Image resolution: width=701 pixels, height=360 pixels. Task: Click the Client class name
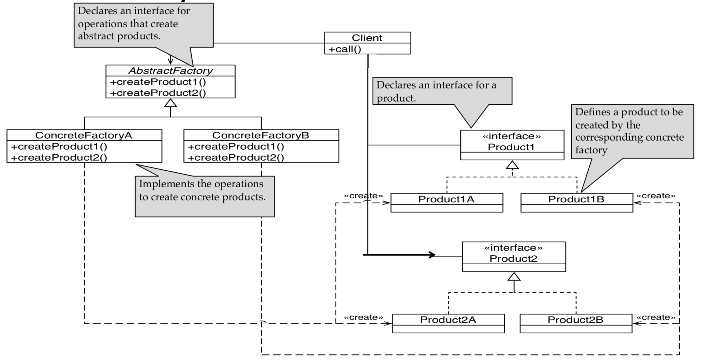pyautogui.click(x=367, y=38)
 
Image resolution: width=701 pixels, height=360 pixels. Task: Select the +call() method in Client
pyautogui.click(x=345, y=49)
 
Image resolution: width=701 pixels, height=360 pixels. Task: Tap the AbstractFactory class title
pyautogui.click(x=170, y=70)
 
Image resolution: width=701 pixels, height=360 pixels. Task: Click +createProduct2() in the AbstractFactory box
pyautogui.click(x=158, y=93)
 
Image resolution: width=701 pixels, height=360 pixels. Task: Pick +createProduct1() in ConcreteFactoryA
pyautogui.click(x=59, y=146)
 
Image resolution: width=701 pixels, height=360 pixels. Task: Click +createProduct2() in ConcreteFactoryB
pyautogui.click(x=236, y=158)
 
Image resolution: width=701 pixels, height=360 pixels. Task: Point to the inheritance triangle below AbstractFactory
pyautogui.click(x=170, y=103)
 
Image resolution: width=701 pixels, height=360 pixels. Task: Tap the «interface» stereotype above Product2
pyautogui.click(x=513, y=248)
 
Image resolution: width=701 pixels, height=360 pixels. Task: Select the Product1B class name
pyautogui.click(x=576, y=199)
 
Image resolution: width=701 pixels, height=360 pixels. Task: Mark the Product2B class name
pyautogui.click(x=575, y=320)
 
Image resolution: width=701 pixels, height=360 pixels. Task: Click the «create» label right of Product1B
pyautogui.click(x=656, y=196)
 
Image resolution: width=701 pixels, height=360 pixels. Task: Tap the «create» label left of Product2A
pyautogui.click(x=364, y=317)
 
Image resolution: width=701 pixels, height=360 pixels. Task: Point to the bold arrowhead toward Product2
pyautogui.click(x=432, y=255)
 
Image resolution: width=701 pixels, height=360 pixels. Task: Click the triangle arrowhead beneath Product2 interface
pyautogui.click(x=514, y=277)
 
